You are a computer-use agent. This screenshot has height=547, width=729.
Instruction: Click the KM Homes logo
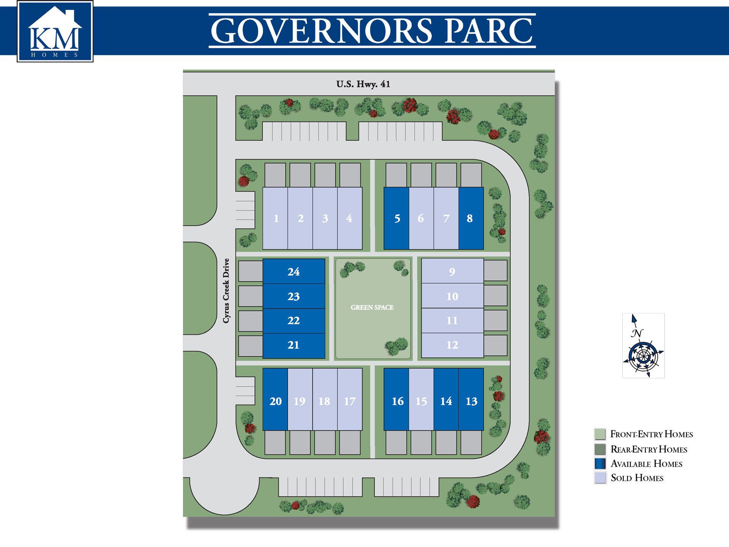(x=55, y=31)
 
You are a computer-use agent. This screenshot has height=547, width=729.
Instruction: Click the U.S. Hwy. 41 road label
(x=363, y=84)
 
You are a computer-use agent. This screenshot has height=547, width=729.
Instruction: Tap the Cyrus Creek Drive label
(x=226, y=291)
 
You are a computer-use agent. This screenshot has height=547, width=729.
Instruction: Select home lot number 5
(x=396, y=218)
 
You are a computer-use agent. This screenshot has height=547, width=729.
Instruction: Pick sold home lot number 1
(x=275, y=218)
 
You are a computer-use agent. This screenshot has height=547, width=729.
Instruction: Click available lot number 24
(x=293, y=272)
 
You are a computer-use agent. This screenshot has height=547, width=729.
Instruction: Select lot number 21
(x=293, y=345)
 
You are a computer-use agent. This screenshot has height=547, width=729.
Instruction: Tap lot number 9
(x=452, y=272)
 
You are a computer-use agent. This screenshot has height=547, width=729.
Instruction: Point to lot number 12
(x=452, y=345)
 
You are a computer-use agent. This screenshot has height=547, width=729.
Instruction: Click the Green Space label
(x=372, y=307)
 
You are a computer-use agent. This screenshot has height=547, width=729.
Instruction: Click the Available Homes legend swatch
(x=600, y=464)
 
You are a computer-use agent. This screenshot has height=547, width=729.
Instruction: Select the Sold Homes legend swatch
(x=600, y=478)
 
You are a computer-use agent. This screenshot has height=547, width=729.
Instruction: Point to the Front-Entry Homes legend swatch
(x=600, y=434)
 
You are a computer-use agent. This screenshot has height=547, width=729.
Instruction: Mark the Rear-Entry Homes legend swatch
(x=600, y=449)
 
